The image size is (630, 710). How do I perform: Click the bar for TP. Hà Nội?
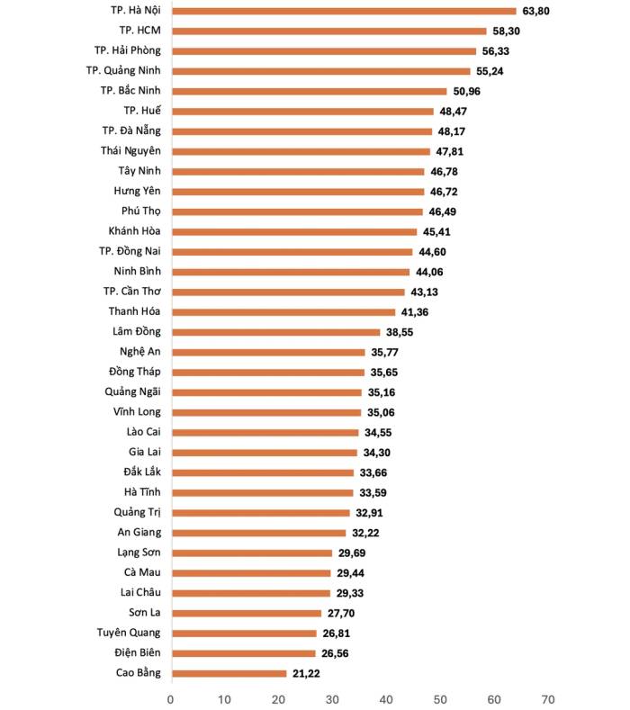[344, 11]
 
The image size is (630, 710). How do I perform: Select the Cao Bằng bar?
[229, 673]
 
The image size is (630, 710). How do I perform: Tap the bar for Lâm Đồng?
[275, 332]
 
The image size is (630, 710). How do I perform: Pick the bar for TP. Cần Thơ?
[288, 292]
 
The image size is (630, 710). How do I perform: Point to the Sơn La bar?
[247, 613]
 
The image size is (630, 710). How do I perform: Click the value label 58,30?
[506, 31]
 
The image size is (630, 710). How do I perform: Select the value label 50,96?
[466, 92]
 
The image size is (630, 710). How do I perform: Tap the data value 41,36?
[414, 312]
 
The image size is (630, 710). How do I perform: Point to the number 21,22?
[306, 673]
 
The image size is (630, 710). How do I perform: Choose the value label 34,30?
[377, 453]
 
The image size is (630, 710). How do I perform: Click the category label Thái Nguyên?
[130, 151]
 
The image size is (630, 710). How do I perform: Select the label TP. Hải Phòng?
[127, 50]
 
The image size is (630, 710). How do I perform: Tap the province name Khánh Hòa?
[134, 231]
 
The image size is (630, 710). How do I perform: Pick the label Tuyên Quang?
[129, 633]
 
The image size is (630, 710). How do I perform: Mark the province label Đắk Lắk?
[142, 472]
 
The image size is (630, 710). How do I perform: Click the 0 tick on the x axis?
[170, 699]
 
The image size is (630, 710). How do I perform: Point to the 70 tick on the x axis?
[548, 699]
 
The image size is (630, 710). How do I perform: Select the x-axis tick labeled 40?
[386, 699]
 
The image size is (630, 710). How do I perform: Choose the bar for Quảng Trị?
[261, 513]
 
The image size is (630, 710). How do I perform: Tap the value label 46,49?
[443, 211]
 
